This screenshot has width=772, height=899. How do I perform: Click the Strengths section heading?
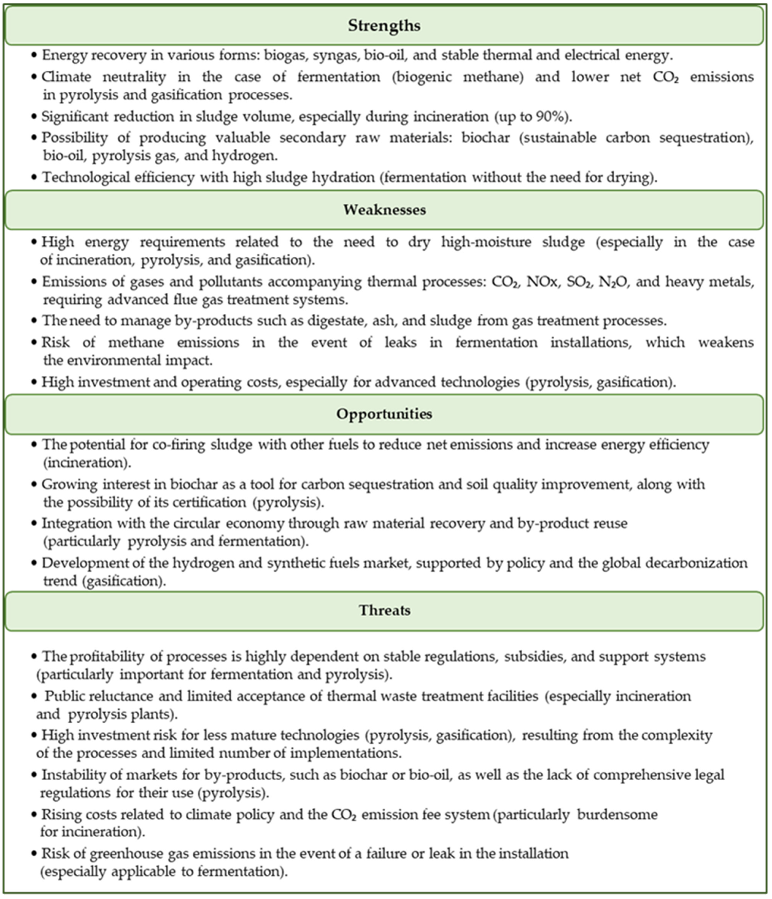(384, 26)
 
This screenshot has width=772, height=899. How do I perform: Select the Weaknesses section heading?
(384, 210)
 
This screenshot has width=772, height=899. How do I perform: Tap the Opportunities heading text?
(384, 414)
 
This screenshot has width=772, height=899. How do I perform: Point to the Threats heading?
(384, 610)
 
